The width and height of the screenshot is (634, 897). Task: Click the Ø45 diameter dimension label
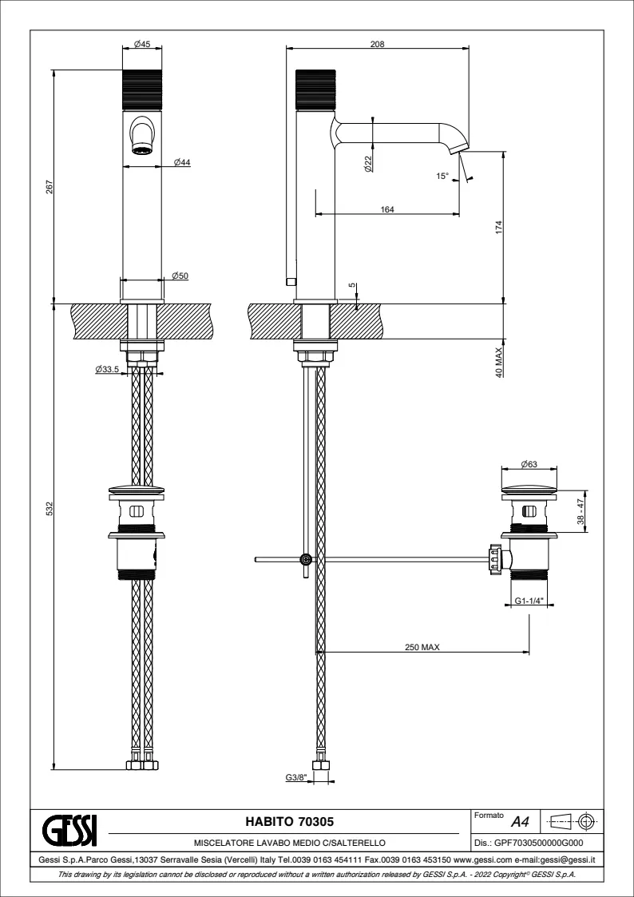143,45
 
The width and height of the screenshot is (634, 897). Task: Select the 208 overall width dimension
377,45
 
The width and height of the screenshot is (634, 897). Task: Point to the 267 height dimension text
50,186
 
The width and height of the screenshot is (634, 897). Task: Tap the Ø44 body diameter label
180,162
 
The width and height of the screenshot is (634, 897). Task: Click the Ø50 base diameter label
180,276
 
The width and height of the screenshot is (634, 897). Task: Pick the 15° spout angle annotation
443,176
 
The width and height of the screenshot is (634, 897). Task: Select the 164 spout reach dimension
387,209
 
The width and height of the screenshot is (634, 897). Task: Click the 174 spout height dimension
499,227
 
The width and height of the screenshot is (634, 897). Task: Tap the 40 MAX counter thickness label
499,361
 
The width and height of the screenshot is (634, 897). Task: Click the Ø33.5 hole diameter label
106,370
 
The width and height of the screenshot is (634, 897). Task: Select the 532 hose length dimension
50,508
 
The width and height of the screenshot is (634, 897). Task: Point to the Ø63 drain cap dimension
528,464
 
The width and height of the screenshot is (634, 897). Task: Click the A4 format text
520,822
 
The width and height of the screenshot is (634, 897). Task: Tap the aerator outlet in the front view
142,149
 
